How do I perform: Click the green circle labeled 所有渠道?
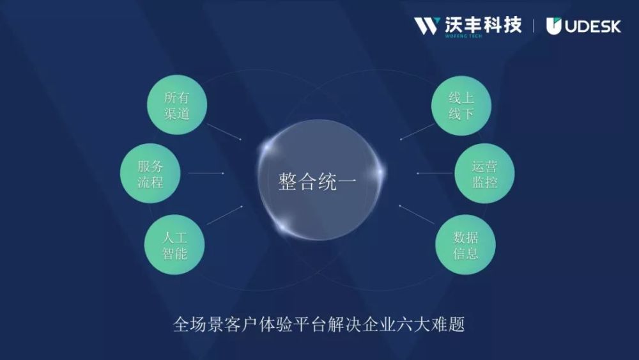click(x=177, y=105)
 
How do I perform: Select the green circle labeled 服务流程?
click(x=150, y=173)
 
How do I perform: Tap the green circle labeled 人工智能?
click(x=174, y=245)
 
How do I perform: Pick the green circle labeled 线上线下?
click(x=461, y=106)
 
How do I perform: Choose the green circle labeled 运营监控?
click(x=484, y=173)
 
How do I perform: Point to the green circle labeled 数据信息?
click(x=465, y=245)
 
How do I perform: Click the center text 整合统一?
click(x=318, y=182)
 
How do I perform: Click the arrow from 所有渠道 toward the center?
click(x=224, y=132)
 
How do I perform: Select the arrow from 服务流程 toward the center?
click(x=206, y=173)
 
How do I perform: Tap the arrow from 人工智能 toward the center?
click(x=225, y=215)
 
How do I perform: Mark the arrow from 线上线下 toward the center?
click(x=417, y=131)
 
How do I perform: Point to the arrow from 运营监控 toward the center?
click(x=435, y=173)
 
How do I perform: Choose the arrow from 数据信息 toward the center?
click(x=417, y=214)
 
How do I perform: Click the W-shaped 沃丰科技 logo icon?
click(x=427, y=26)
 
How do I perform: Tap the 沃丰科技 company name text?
click(x=483, y=25)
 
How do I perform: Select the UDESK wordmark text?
click(x=593, y=27)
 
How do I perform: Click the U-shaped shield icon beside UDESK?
click(x=554, y=26)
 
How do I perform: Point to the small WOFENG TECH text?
click(x=463, y=36)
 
